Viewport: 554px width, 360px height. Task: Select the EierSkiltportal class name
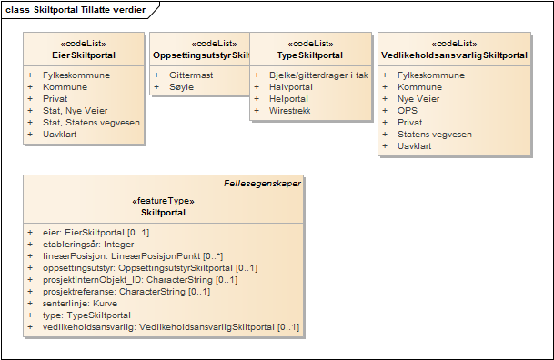tap(84, 55)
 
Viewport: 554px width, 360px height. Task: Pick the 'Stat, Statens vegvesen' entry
tap(91, 122)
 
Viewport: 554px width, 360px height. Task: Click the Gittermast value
tap(191, 75)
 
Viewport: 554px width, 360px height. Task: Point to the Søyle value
tap(181, 86)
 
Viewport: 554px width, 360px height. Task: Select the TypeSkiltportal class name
tap(310, 55)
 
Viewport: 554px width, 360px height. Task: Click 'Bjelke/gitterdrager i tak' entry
tap(318, 75)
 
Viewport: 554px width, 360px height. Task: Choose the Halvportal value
tap(291, 86)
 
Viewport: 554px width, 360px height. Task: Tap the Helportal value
tap(289, 98)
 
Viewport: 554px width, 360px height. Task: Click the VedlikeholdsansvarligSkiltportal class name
tap(455, 55)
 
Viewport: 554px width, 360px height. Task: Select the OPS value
tap(408, 110)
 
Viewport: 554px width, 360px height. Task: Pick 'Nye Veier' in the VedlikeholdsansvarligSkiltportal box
tap(420, 98)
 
